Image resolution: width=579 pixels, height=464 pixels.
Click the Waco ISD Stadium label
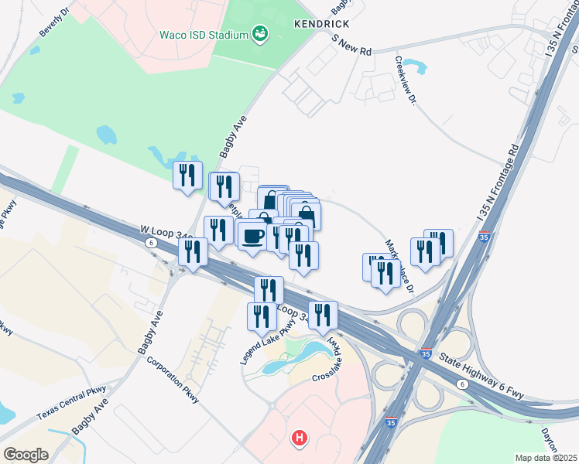pos(204,35)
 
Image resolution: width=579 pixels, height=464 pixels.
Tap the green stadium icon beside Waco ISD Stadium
pos(261,33)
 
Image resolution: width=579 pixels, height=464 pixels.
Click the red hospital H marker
pos(300,439)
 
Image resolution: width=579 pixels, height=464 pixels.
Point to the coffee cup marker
pos(251,235)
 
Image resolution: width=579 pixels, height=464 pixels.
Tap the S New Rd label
pos(351,43)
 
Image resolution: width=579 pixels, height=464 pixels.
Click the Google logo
pos(26,454)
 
